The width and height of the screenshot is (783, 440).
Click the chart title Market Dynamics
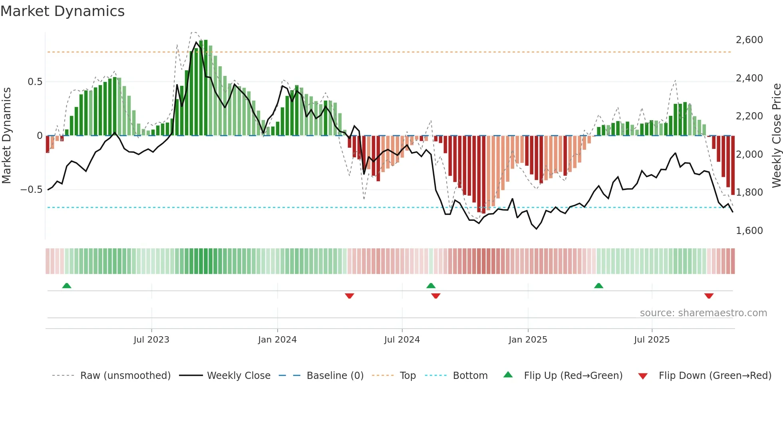pos(62,11)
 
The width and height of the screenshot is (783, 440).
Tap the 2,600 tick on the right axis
pos(749,40)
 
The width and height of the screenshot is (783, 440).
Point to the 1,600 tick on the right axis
pos(749,231)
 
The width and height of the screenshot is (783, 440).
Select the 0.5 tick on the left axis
pos(35,82)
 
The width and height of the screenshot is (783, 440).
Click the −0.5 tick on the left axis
pos(31,190)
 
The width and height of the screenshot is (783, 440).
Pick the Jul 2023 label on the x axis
pos(151,340)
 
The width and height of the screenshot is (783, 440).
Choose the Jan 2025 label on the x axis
pos(528,340)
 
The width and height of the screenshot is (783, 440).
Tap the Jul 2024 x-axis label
pos(402,340)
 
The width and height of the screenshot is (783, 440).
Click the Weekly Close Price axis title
pos(776,136)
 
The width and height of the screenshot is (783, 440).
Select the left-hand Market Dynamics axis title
pos(6,136)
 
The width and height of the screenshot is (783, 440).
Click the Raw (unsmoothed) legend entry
pos(125,376)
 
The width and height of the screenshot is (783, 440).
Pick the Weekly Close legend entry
pos(238,376)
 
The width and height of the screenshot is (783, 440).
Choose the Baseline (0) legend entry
pos(335,376)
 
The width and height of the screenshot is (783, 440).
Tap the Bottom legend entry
pos(470,376)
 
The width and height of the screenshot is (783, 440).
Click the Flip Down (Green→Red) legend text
pos(715,376)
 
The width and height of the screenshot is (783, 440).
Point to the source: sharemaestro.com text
pos(703,313)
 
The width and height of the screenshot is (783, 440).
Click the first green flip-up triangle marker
pos(67,286)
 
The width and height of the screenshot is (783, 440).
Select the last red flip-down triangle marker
pos(709,296)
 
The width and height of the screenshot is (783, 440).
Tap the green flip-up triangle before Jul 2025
pos(598,286)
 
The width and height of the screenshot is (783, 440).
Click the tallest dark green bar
pos(206,88)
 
